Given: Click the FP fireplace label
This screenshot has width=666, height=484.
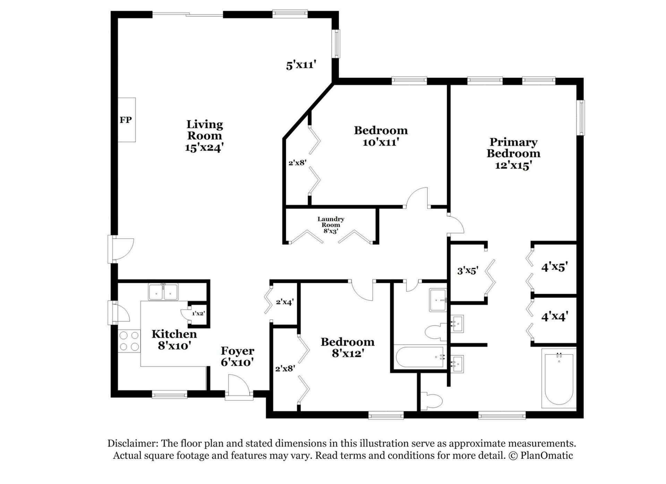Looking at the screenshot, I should tap(126, 120).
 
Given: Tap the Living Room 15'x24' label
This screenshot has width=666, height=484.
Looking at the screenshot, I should tap(204, 136).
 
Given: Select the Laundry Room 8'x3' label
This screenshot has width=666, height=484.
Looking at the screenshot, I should tap(331, 225).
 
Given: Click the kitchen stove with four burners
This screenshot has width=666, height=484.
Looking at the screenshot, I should tap(129, 341).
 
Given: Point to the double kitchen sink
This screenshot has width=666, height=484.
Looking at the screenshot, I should tap(163, 292).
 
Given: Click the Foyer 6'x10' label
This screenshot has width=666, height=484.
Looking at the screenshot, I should tap(238, 356).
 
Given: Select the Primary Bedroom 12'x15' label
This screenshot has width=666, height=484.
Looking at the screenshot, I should tap(513, 153).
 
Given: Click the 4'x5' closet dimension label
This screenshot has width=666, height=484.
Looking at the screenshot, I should tap(554, 267).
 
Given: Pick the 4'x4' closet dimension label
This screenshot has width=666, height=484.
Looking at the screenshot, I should tap(554, 316).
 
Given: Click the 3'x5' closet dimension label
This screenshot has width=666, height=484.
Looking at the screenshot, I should tap(468, 271).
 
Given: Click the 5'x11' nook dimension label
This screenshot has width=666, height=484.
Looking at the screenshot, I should tap(301, 65).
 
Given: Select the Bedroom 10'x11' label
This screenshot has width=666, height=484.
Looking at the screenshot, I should tap(381, 136).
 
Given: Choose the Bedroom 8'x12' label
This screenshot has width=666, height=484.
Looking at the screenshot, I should tap(348, 347).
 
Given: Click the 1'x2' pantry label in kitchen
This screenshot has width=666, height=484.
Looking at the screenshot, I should tap(198, 314).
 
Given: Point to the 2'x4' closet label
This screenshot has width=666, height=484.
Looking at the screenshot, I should tap(285, 302).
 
